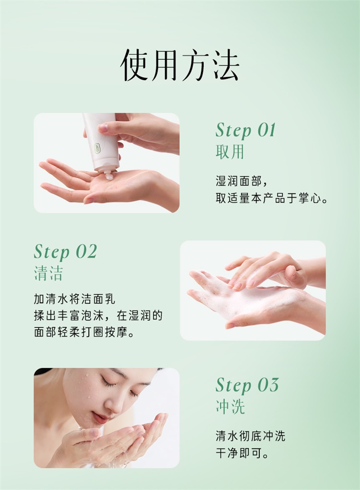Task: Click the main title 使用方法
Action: tap(180, 65)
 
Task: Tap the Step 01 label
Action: tap(246, 130)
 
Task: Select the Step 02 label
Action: tap(65, 251)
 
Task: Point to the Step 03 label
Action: tap(247, 385)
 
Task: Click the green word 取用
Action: tap(230, 152)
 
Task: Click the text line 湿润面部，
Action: tap(241, 181)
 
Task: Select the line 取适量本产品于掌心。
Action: tap(272, 198)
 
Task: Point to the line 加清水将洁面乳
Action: tap(75, 299)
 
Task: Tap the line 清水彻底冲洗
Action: tap(250, 436)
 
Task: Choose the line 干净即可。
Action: tap(242, 453)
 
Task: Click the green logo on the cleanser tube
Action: tap(98, 148)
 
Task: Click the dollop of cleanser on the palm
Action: tap(109, 176)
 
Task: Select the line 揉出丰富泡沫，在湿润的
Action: tap(98, 316)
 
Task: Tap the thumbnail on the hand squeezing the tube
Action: tap(103, 128)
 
